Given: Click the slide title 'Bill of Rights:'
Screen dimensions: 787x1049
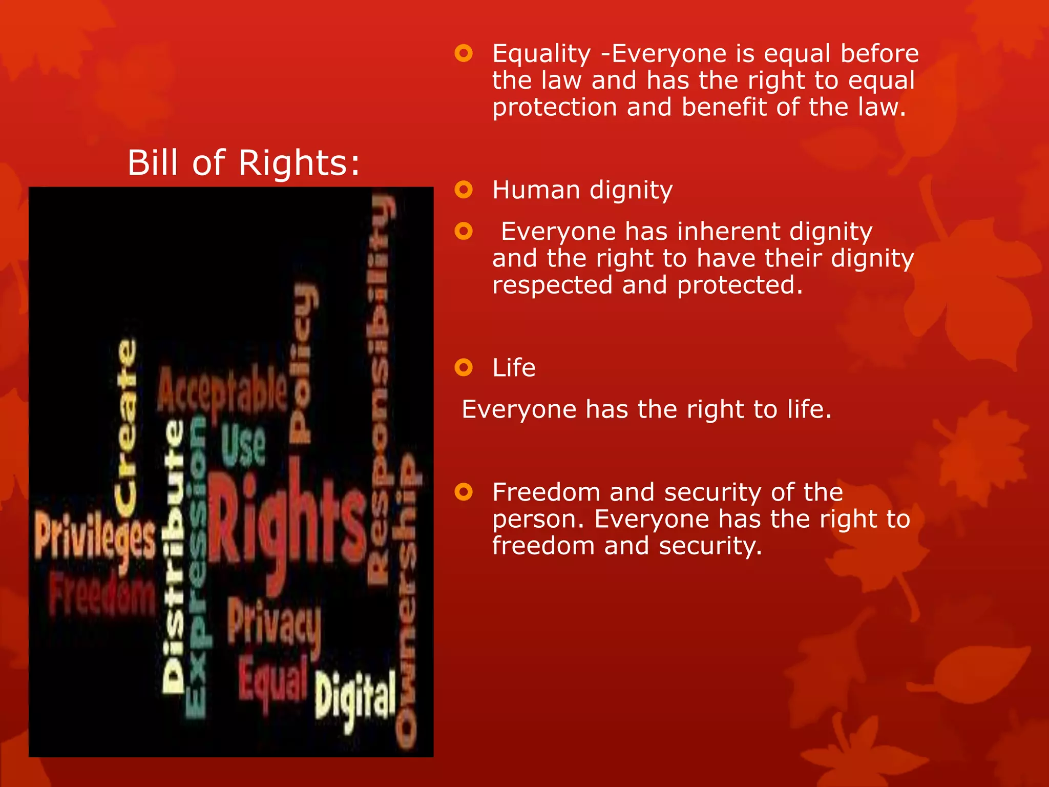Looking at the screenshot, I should coord(244,163).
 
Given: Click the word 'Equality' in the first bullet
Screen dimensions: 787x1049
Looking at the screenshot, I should coord(541,54).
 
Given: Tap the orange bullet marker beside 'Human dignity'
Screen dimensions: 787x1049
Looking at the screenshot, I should coord(464,190).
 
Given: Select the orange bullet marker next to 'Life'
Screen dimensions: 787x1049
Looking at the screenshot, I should coord(464,367).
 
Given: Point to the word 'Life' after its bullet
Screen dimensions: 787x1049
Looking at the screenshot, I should coord(514,368).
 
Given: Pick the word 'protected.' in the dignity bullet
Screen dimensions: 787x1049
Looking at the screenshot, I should coord(740,285).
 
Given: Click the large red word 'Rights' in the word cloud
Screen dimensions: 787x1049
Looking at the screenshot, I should coord(287,528).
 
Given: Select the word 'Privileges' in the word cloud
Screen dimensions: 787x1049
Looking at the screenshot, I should coord(95,538).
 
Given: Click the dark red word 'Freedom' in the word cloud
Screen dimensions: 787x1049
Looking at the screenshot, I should coord(102,594).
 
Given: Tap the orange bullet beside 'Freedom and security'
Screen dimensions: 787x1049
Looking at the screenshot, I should coord(464,492).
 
